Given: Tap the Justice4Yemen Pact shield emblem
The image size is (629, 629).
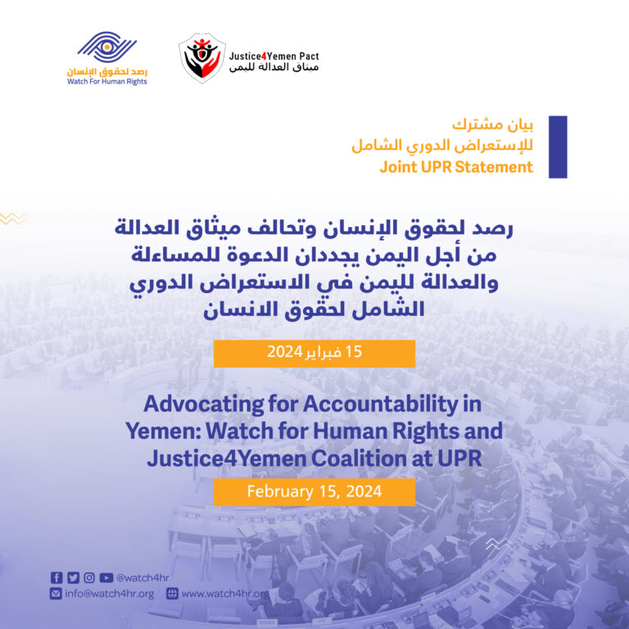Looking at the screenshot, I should pos(202,58).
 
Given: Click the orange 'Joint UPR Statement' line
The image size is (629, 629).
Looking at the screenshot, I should pos(455,167).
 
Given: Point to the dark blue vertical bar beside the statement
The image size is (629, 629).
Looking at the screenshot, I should pos(557,147).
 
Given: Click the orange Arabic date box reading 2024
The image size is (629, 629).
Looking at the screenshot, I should pos(314,353).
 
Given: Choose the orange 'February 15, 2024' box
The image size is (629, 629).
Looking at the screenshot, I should pos(314,491).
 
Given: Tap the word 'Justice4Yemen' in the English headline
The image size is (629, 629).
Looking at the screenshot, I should pos(221,459).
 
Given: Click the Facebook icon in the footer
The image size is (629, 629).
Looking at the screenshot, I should pos(57,577).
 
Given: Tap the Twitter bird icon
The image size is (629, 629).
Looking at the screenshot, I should pos(73,577).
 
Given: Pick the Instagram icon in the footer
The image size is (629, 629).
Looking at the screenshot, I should pos(89,577).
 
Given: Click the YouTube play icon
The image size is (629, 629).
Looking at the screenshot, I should pos(106,577).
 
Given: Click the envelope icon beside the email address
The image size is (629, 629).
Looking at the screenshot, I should pos(56,594).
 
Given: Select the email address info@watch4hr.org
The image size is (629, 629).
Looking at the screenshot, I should pos(109,594).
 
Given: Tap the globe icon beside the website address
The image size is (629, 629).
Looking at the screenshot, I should pos(172,594).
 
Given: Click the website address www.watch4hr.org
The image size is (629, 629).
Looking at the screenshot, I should pos(224,594).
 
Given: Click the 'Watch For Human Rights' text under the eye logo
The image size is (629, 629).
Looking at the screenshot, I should pos(107,82).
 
